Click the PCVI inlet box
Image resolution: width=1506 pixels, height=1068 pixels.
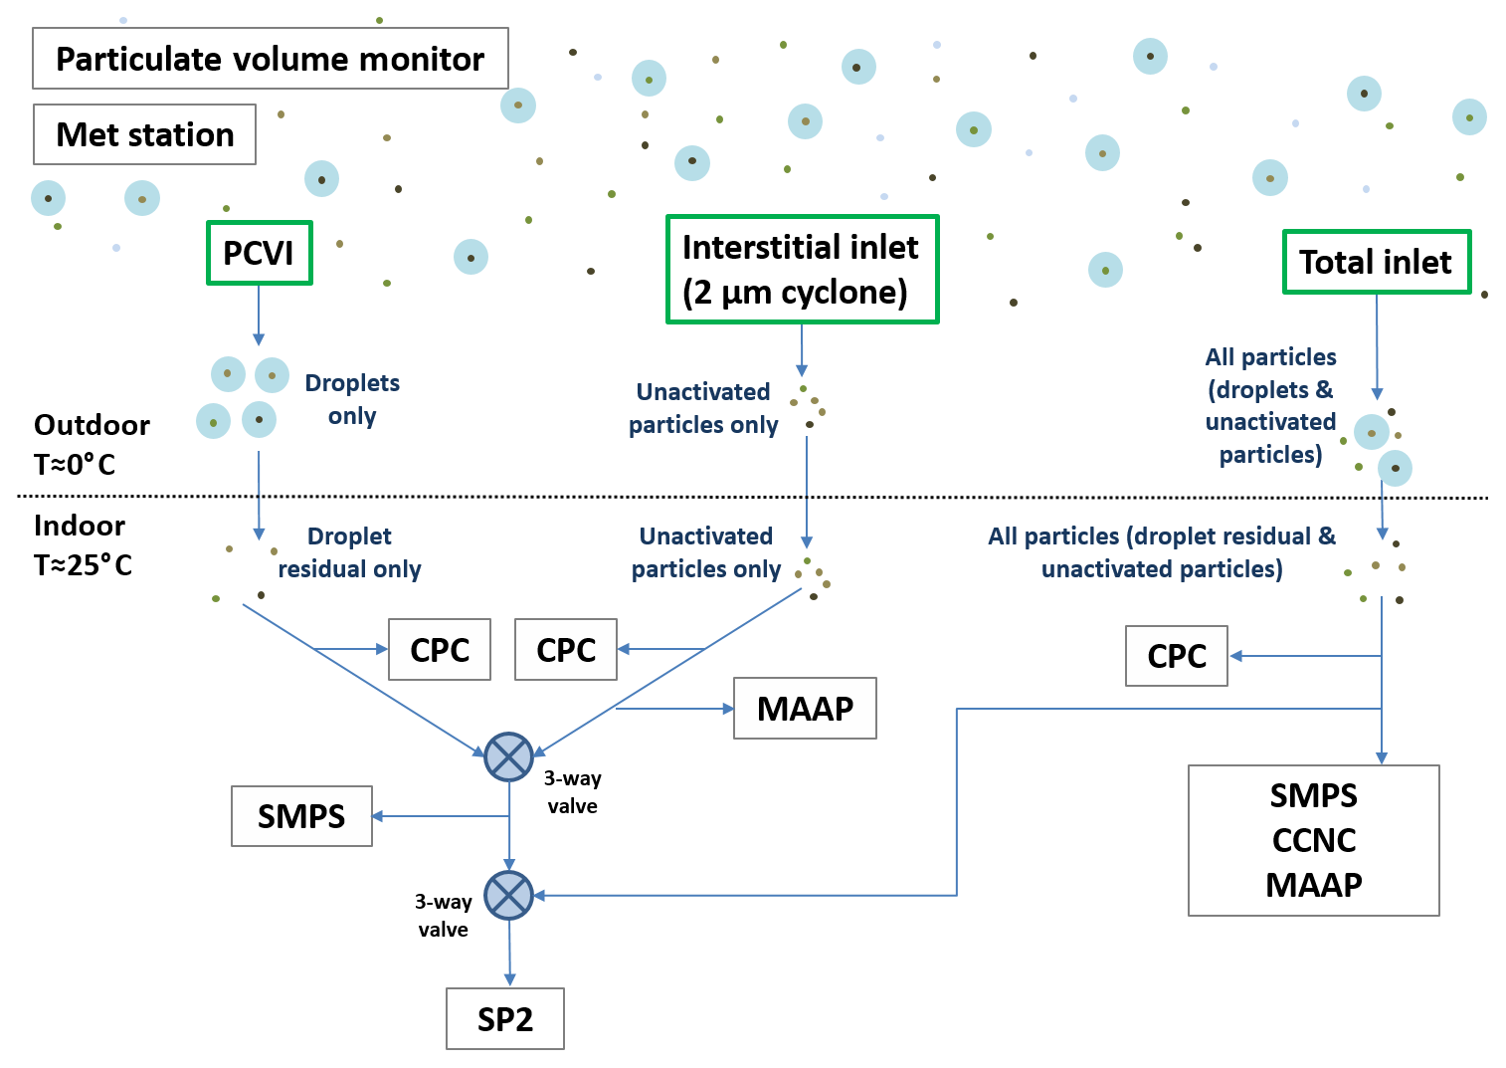[x=259, y=253]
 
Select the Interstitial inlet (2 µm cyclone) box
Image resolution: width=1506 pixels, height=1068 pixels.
[x=802, y=270]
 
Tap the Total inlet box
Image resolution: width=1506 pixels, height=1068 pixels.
[x=1376, y=262]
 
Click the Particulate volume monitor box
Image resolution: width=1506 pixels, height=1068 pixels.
[x=270, y=59]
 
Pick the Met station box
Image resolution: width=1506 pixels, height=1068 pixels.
[x=144, y=134]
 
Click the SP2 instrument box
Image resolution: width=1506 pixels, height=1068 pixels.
[x=505, y=1018]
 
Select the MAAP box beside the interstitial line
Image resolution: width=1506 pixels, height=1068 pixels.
[x=805, y=709]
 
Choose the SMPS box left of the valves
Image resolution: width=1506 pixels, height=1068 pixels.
[x=301, y=816]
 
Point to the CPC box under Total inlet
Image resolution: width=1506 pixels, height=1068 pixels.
[x=1176, y=656]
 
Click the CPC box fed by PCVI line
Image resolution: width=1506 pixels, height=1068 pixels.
[x=439, y=650]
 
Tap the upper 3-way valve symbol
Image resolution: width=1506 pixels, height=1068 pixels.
[x=508, y=757]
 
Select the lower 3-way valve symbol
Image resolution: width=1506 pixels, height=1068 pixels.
[x=508, y=896]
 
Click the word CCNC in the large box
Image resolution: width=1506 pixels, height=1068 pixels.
[x=1314, y=840]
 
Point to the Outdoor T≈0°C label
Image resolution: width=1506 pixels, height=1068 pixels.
[x=91, y=444]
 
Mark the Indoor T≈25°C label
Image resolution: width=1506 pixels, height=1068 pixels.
[x=83, y=544]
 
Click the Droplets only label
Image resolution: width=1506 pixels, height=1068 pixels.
[x=352, y=399]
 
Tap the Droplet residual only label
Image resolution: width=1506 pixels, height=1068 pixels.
[x=349, y=552]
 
